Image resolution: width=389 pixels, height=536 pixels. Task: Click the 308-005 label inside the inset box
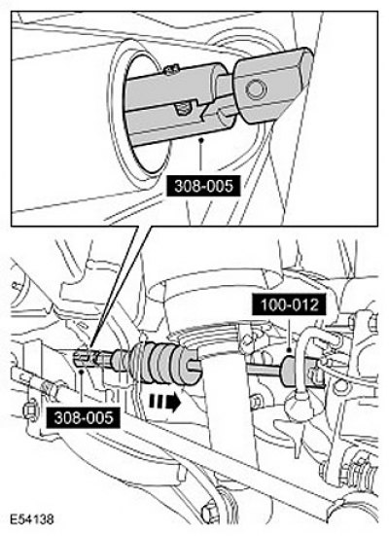[203, 186]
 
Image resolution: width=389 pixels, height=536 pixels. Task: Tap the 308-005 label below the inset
[83, 417]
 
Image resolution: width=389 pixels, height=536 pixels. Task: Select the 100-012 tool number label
[289, 304]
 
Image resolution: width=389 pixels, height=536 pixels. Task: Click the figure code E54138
[31, 518]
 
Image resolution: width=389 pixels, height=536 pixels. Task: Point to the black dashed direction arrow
[164, 402]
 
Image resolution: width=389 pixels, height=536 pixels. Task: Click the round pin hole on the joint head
[257, 89]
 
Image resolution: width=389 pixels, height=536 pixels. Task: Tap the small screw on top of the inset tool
[169, 70]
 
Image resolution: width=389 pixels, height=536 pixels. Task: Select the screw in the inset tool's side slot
[182, 108]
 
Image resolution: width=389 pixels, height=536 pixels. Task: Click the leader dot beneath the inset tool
[202, 139]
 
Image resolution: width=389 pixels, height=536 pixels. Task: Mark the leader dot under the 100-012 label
[289, 350]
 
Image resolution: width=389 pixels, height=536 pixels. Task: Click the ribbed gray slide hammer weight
[165, 362]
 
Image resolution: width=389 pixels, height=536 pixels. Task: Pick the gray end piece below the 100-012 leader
[290, 371]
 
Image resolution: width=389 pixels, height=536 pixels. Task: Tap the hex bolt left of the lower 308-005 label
[30, 410]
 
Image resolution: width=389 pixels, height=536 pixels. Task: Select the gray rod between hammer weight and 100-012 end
[264, 369]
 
